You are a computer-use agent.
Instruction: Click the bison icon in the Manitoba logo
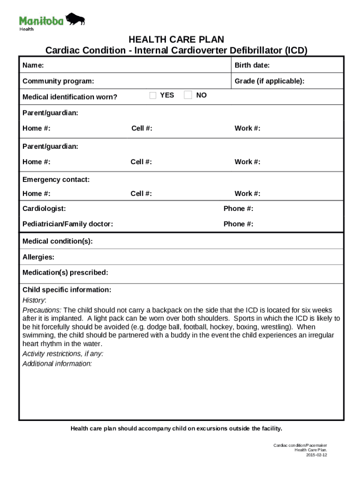[75, 20]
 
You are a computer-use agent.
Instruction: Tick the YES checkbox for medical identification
[153, 95]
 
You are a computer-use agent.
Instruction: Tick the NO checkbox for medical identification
[188, 95]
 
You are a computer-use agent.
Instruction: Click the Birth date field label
[252, 65]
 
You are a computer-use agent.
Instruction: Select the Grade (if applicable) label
[269, 81]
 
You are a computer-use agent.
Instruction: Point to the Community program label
[58, 81]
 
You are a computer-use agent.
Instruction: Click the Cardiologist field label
[44, 208]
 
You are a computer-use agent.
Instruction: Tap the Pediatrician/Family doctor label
[68, 224]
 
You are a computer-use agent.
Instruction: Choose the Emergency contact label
[56, 180]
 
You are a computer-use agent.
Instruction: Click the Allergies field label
[38, 257]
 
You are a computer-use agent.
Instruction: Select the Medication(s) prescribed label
[65, 272]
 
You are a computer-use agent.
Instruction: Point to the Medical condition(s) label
[58, 241]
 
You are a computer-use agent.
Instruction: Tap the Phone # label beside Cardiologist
[238, 208]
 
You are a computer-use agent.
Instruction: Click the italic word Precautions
[42, 310]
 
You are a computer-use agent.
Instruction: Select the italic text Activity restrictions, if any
[63, 354]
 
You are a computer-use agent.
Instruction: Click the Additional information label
[57, 363]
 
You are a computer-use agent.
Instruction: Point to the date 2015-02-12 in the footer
[317, 455]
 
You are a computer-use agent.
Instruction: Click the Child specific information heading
[67, 290]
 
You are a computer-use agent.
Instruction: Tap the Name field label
[33, 65]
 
